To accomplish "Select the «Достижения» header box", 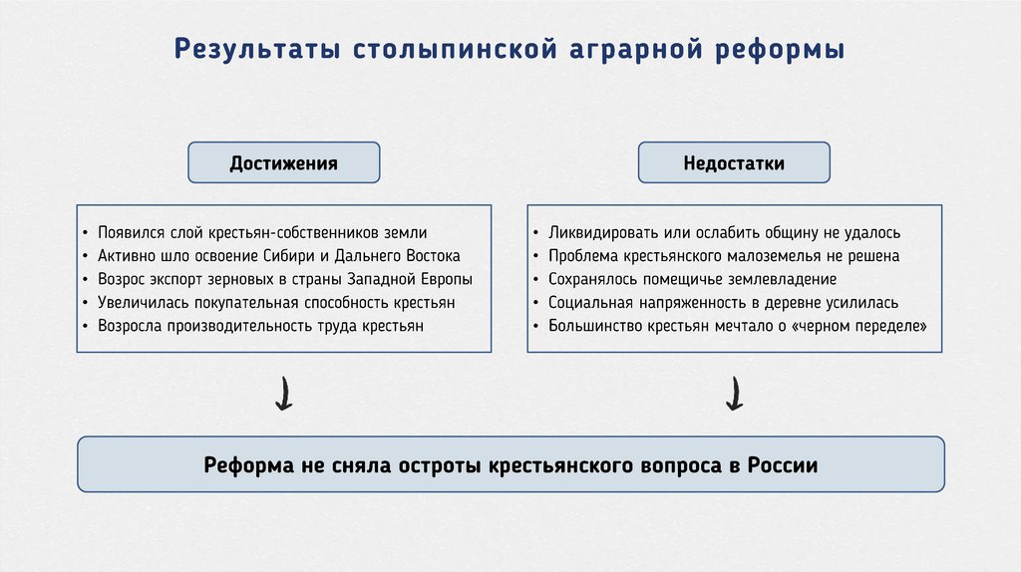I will (284, 162).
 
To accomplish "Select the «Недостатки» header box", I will (734, 162).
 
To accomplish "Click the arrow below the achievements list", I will (283, 394).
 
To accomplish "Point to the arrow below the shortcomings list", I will (734, 394).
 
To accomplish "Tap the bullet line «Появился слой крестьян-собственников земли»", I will (261, 233).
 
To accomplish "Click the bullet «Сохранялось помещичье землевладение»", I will (692, 279).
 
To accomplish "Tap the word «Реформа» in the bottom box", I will (244, 464).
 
